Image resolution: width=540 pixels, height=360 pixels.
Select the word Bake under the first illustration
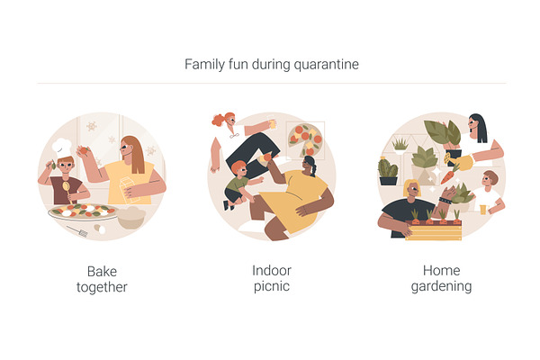[x=102, y=272]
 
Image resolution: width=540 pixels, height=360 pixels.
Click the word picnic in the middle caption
[x=272, y=286]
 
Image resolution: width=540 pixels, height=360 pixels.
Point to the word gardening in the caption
[x=442, y=286]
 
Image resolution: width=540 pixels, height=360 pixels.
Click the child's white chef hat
[x=61, y=148]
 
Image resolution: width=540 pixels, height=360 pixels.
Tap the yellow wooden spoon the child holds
[x=67, y=191]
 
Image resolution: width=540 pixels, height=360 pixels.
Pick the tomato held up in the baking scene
[x=84, y=150]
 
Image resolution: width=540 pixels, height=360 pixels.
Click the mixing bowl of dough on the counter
[x=131, y=218]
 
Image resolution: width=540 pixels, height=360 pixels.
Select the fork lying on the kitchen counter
[x=77, y=231]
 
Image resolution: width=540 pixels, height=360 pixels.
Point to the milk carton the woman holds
[x=128, y=189]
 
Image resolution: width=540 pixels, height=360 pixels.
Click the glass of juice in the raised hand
[x=272, y=122]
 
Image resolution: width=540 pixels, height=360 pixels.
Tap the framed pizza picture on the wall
[x=305, y=140]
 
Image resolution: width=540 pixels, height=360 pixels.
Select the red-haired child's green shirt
[x=237, y=184]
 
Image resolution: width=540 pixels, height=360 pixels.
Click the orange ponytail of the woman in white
[x=219, y=120]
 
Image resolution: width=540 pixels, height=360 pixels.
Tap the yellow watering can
[x=459, y=162]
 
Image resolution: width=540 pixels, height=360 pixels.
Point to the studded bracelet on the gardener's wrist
[x=445, y=201]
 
